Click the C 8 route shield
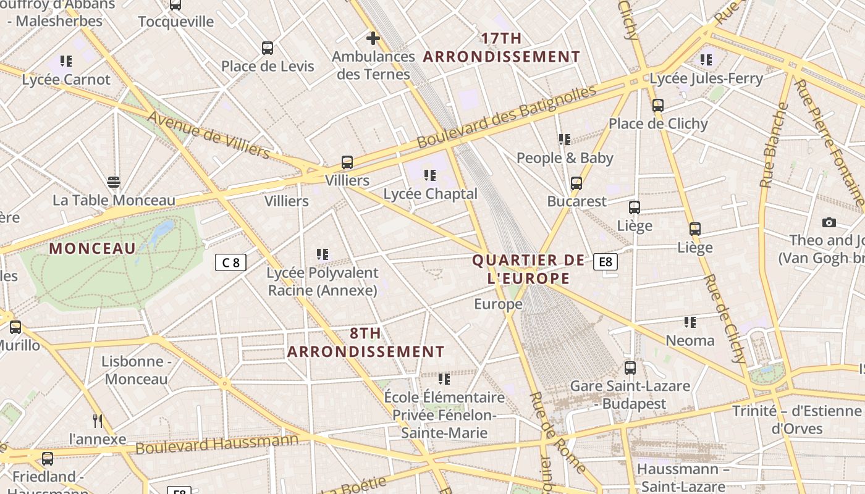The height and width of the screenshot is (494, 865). [230, 262]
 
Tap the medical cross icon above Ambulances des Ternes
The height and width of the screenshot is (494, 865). [373, 38]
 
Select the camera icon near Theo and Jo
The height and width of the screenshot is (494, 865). [829, 222]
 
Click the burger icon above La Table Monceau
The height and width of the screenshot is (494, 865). [113, 182]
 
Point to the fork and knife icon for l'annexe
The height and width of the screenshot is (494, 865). [97, 421]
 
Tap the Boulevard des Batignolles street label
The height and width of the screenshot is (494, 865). [507, 116]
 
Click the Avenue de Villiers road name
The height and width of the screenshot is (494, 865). [209, 134]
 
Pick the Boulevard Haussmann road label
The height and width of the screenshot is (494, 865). [217, 443]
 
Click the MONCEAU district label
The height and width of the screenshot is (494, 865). [93, 248]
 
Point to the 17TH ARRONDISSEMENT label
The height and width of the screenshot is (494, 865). [502, 48]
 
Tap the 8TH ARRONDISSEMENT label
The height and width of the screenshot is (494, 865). [366, 343]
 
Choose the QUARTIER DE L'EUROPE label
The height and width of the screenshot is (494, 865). [528, 269]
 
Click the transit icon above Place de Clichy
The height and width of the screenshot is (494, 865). [657, 105]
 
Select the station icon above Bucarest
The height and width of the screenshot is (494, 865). [576, 183]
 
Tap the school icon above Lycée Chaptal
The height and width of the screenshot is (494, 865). [430, 175]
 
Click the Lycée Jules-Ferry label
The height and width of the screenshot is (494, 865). [706, 78]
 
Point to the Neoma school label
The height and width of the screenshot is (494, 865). [690, 340]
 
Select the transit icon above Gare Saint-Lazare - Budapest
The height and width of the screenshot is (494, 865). [630, 367]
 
